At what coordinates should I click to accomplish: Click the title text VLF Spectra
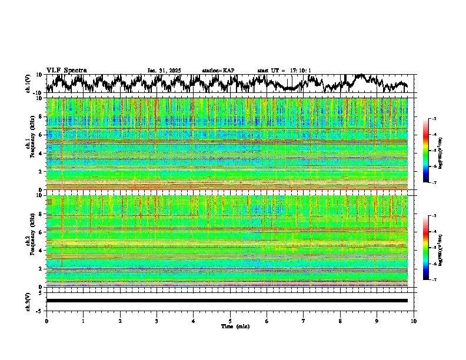[66, 70]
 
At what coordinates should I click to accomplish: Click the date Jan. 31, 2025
[164, 71]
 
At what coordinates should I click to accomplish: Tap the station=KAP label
[218, 71]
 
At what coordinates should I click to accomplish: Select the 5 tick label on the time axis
[230, 321]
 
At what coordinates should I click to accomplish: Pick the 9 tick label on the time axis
[377, 321]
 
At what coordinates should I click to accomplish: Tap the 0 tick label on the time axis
[46, 321]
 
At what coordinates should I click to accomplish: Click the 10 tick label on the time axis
[414, 321]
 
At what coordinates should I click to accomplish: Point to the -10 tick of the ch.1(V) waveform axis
[38, 93]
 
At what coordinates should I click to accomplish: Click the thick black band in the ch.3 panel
[227, 301]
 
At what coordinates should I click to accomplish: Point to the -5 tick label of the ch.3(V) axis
[39, 309]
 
